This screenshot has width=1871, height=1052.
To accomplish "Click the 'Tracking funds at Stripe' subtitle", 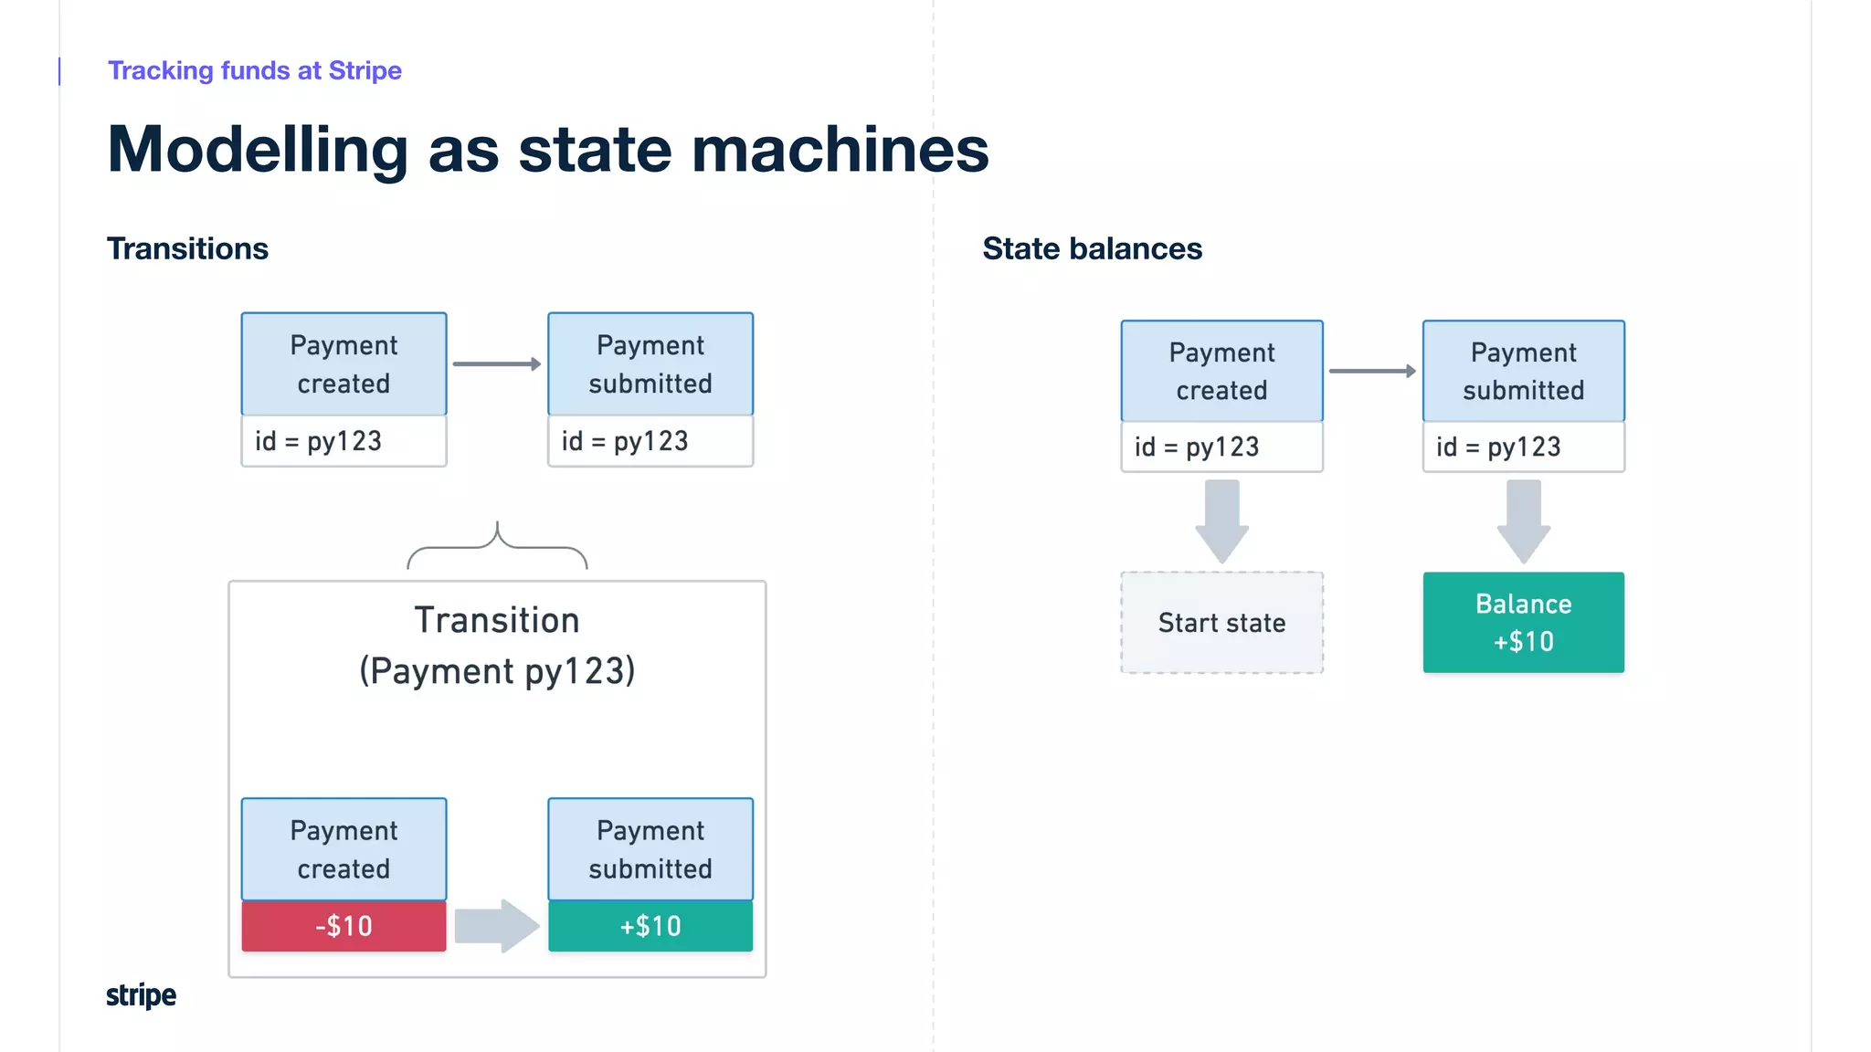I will (254, 70).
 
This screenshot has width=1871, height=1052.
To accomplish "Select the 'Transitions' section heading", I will (187, 248).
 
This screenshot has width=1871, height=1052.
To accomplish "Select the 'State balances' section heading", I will (1092, 248).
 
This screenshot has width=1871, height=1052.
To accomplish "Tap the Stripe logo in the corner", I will (141, 994).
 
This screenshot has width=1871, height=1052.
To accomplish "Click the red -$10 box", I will (344, 926).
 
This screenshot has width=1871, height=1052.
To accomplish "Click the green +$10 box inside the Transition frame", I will (650, 926).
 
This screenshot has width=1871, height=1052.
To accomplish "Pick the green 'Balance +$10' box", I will (1523, 623).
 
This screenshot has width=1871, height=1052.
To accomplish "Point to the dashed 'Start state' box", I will (1221, 623).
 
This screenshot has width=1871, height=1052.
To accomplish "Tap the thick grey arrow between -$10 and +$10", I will (496, 926).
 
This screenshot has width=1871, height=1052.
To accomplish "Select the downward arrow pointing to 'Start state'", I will (1221, 521).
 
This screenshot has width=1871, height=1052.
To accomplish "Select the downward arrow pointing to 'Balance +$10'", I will (1523, 521).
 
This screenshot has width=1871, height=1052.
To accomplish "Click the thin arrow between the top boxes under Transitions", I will (496, 364).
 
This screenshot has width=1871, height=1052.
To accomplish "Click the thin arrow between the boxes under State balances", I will (1371, 371).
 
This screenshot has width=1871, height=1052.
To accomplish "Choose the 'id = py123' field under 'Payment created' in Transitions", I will (344, 441).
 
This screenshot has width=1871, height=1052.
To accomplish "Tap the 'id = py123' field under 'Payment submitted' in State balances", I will (1523, 447).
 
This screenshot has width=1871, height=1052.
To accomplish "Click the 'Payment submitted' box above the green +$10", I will (650, 849).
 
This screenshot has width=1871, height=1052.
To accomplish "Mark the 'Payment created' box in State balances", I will (1221, 371).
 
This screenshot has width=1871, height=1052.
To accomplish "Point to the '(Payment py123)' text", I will (497, 671).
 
